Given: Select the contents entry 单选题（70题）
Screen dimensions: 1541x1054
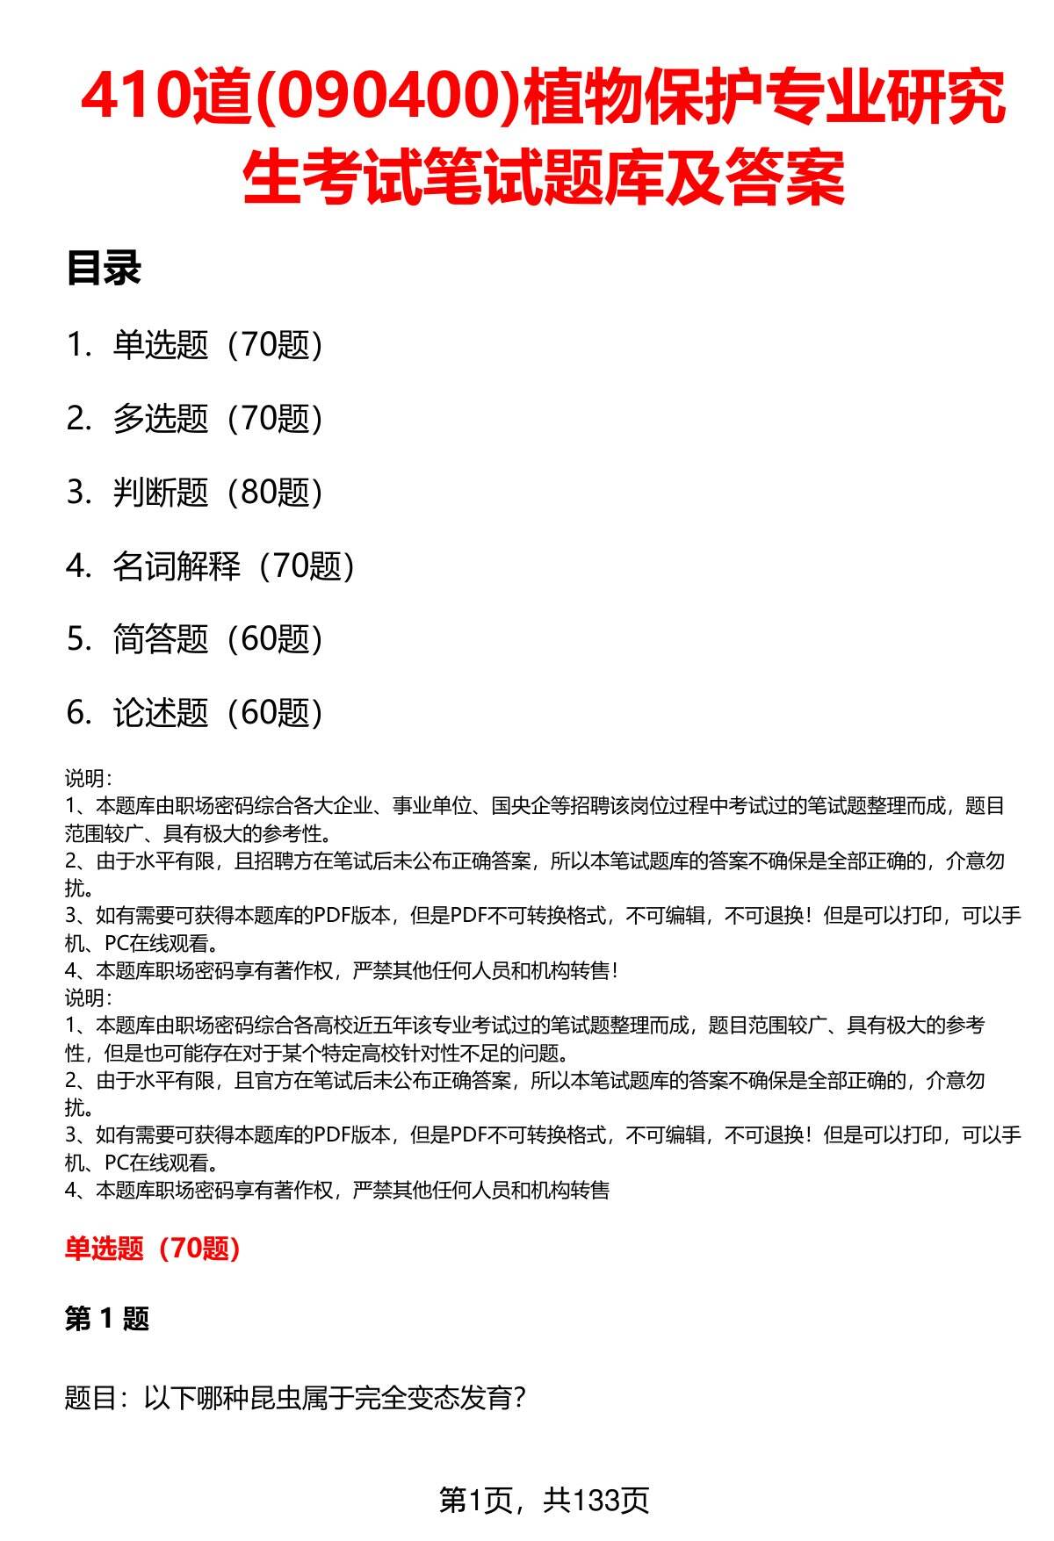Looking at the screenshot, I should (x=218, y=345).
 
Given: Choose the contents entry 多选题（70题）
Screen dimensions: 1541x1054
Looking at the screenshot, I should (x=218, y=419).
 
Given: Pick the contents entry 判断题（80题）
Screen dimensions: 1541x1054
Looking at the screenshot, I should (x=218, y=493).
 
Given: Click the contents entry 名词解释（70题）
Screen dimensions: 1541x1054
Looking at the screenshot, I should (x=234, y=566).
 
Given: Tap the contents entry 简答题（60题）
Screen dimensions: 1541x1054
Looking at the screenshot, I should (x=218, y=639).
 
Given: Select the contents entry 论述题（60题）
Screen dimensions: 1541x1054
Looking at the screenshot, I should (x=218, y=713).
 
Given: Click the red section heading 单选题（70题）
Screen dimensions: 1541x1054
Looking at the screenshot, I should (x=153, y=1248).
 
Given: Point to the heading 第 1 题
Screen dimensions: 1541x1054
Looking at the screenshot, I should (x=107, y=1318).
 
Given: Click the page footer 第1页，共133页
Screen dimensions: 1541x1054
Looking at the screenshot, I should (x=544, y=1500).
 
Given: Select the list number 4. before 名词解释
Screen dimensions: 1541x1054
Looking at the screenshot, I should (x=79, y=566).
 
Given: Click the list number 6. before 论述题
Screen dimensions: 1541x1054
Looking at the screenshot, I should (x=79, y=713).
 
